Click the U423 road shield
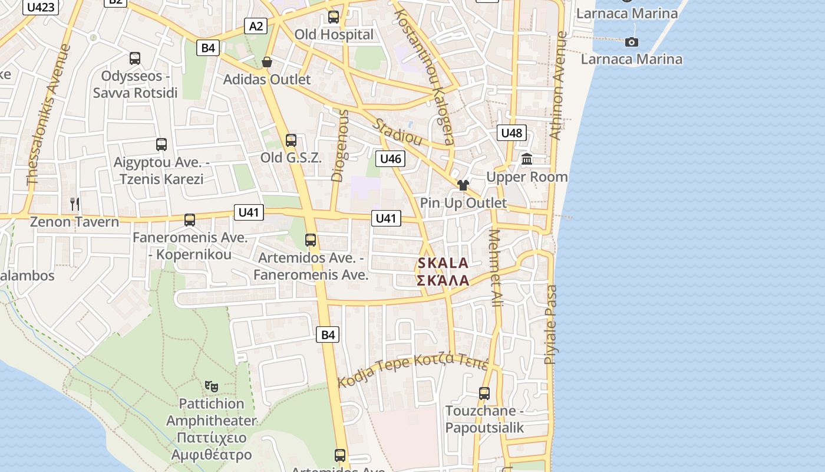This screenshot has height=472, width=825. (41, 6)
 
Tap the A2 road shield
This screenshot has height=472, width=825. (256, 26)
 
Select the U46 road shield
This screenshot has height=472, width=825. (390, 158)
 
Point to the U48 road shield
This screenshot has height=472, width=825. (511, 133)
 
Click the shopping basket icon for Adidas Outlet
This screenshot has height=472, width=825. (267, 62)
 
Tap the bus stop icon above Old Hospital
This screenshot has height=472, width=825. (334, 17)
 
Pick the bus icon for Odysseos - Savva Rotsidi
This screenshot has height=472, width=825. (135, 58)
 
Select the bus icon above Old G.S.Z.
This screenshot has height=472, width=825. (291, 140)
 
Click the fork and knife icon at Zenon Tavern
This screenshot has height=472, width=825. (74, 204)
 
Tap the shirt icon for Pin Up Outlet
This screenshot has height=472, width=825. (463, 185)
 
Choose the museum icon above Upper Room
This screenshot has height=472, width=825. (527, 159)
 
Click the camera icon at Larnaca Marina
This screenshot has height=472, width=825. (632, 42)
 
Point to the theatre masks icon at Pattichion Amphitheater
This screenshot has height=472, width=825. (212, 386)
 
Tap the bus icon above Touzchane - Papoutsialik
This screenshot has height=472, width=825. (484, 393)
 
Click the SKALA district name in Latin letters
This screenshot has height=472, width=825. (443, 263)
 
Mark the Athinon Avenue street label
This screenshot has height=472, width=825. (557, 86)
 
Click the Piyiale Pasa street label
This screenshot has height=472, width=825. (550, 324)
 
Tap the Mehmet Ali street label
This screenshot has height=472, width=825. (496, 268)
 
